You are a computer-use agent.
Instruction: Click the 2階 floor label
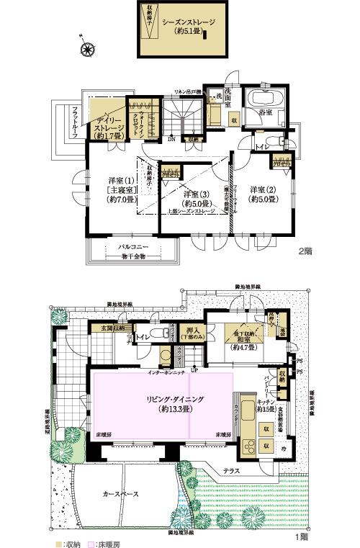305,252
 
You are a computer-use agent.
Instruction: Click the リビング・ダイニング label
162,398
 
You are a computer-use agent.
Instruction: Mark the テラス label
231,470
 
